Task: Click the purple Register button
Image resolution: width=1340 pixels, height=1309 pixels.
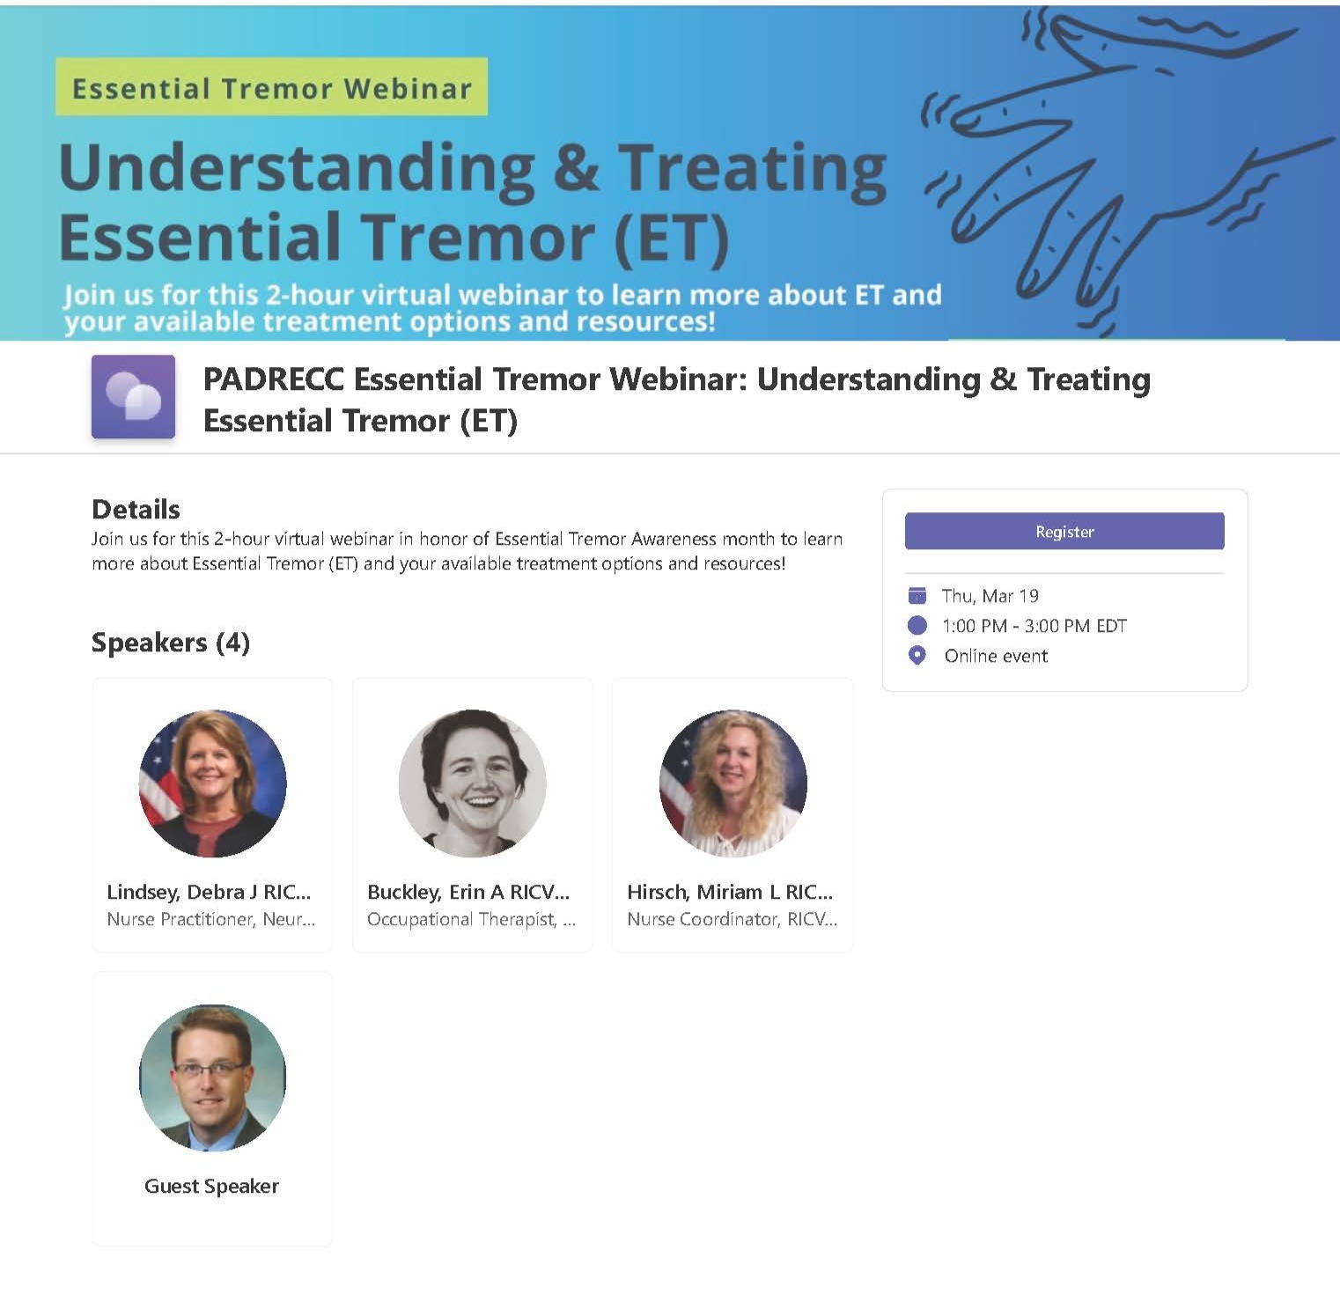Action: click(x=1064, y=531)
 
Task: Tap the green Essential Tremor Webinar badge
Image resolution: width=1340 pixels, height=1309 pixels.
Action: click(x=271, y=86)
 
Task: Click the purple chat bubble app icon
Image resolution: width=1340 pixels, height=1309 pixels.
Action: click(x=133, y=396)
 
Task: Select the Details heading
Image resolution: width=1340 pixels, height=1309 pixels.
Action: click(x=136, y=509)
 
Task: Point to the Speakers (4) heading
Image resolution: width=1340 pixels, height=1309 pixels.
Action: click(x=171, y=643)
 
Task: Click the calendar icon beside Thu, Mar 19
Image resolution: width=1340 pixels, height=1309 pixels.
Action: click(x=917, y=596)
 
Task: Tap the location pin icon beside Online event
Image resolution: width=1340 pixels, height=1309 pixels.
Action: click(x=917, y=656)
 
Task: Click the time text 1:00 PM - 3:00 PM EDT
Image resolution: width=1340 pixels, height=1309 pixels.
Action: click(x=1034, y=626)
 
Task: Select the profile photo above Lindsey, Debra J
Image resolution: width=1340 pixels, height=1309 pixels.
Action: click(x=212, y=783)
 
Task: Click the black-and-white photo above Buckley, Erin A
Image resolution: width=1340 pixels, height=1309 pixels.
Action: click(x=473, y=783)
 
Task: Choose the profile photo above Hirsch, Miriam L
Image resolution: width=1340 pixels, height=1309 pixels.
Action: click(x=733, y=783)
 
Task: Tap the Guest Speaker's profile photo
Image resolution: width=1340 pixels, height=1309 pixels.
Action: click(x=212, y=1077)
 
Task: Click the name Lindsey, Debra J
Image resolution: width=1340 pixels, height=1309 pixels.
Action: click(x=182, y=893)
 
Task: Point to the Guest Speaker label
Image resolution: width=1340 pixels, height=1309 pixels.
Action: click(x=211, y=1186)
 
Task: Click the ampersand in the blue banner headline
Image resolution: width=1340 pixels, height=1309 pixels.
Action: click(x=577, y=168)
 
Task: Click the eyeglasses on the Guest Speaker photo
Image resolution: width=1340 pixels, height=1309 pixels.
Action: click(x=210, y=1070)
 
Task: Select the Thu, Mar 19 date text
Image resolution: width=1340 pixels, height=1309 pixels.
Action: click(x=990, y=596)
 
